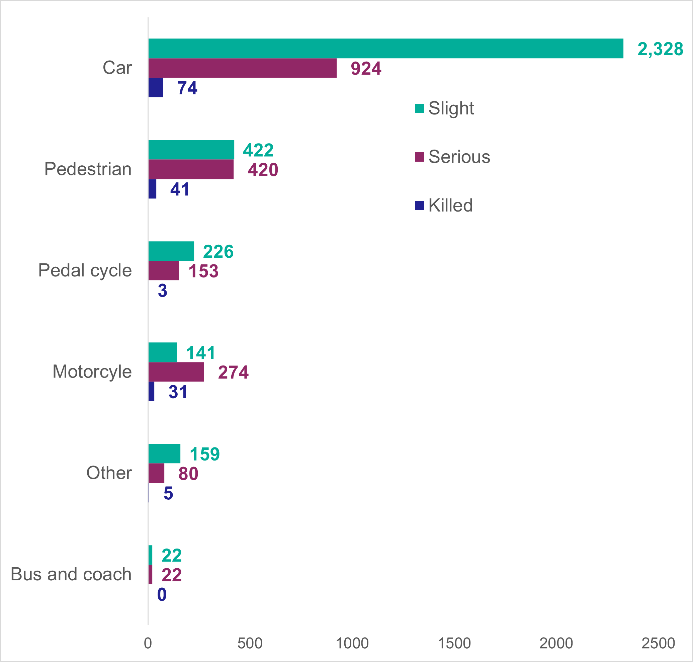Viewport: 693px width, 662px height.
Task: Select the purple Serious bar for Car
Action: click(242, 68)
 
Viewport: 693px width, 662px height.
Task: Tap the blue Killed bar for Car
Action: click(156, 87)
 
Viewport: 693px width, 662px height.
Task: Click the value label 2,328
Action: click(660, 49)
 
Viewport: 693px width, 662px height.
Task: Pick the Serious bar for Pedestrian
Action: click(191, 169)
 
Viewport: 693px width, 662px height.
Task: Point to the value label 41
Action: click(180, 189)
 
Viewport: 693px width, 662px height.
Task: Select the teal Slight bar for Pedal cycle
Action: click(171, 251)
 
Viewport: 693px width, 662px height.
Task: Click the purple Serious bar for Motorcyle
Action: click(176, 372)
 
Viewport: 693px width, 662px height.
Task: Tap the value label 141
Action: click(200, 352)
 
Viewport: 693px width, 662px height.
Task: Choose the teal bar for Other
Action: click(164, 453)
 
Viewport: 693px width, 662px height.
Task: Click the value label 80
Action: click(188, 474)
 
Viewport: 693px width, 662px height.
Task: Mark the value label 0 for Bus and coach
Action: click(162, 595)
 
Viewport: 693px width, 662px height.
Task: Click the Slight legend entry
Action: click(445, 108)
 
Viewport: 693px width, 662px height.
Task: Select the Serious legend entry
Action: click(453, 157)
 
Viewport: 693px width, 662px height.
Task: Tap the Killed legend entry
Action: click(444, 205)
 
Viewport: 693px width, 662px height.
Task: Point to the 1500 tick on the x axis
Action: click(454, 643)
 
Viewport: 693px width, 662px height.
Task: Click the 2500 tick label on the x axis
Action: click(658, 643)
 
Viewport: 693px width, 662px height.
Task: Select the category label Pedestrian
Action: click(88, 169)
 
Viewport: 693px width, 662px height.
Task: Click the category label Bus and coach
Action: click(71, 574)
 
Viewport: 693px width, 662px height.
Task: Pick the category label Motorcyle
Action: click(92, 371)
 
